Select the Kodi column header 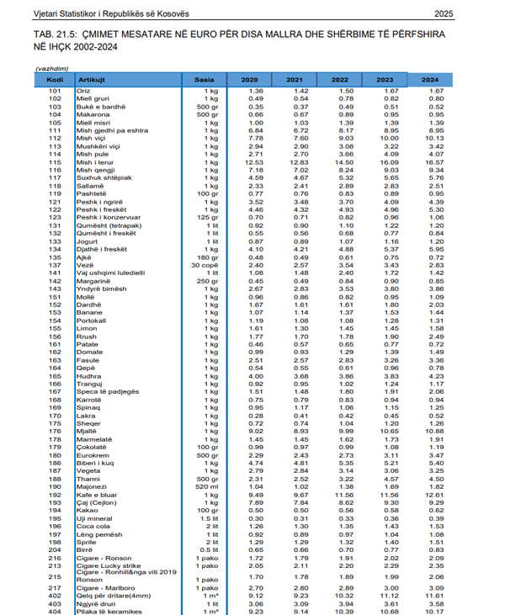click(56, 79)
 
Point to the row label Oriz click(83, 90)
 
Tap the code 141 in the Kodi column click(56, 273)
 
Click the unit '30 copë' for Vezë click(205, 265)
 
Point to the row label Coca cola click(92, 527)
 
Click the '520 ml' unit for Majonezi click(207, 487)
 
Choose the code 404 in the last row click(56, 611)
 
